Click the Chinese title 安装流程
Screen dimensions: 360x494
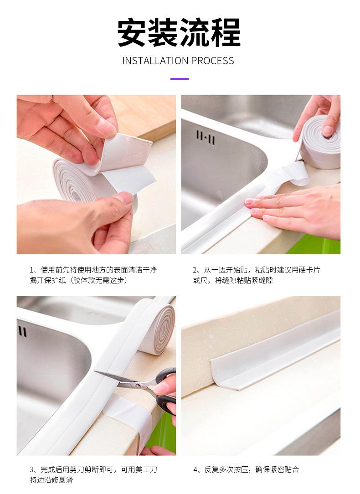[x=179, y=33]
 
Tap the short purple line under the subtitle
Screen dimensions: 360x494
[x=180, y=79]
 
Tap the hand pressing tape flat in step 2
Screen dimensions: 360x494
[x=293, y=211]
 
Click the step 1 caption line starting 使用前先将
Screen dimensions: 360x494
[x=93, y=270]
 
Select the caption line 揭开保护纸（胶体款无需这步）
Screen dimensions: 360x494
[x=79, y=280]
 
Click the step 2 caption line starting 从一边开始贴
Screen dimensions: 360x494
[x=256, y=270]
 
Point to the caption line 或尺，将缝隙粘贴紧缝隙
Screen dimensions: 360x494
[x=233, y=280]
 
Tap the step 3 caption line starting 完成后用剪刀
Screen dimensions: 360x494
[x=93, y=469]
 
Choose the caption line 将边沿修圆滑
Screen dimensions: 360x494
[x=51, y=480]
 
